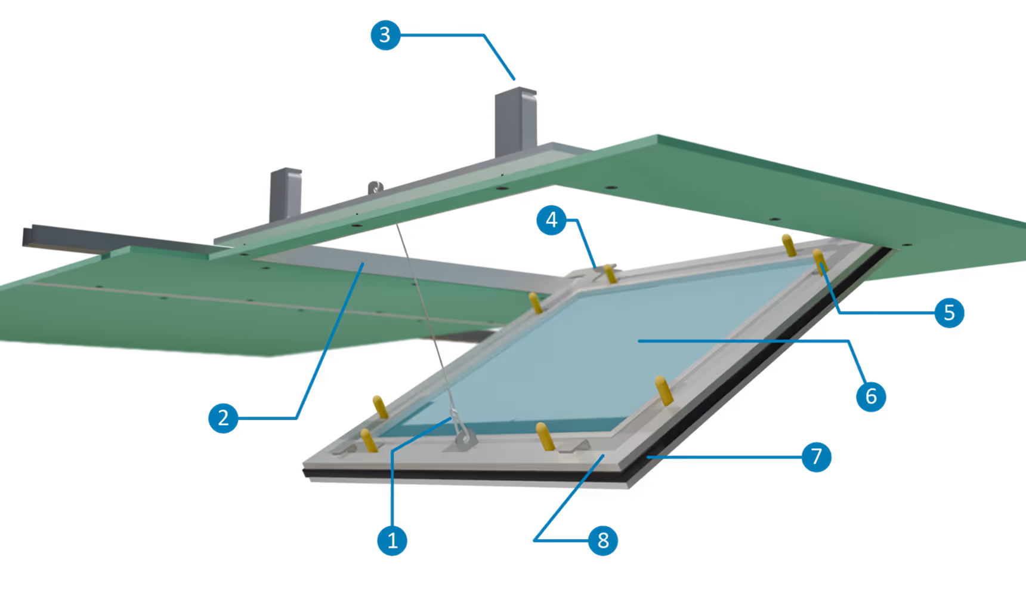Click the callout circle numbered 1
pyautogui.click(x=392, y=540)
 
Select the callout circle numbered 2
pyautogui.click(x=223, y=417)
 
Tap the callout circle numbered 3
pyautogui.click(x=385, y=35)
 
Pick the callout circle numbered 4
pyautogui.click(x=551, y=220)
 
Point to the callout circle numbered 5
pyautogui.click(x=949, y=312)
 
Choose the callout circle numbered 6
pyautogui.click(x=870, y=396)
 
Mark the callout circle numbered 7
pyautogui.click(x=816, y=457)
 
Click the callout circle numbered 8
pyautogui.click(x=602, y=540)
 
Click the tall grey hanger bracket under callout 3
pyautogui.click(x=515, y=119)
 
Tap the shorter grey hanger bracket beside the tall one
pyautogui.click(x=286, y=191)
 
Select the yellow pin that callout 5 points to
pyautogui.click(x=819, y=260)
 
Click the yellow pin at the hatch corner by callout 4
pyautogui.click(x=610, y=273)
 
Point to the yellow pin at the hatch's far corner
pyautogui.click(x=789, y=244)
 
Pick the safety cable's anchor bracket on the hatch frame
pyautogui.click(x=465, y=439)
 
